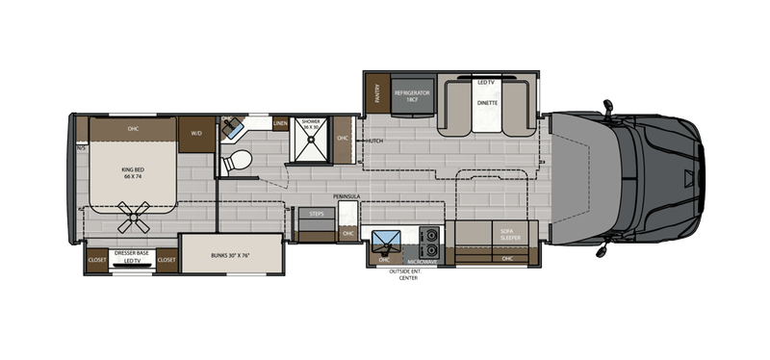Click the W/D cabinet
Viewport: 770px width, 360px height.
pos(196,133)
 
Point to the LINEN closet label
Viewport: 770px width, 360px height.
pos(280,124)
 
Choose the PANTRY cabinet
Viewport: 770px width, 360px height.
pos(378,93)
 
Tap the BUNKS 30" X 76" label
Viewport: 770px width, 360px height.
pos(231,256)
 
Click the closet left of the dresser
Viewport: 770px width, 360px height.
pos(97,259)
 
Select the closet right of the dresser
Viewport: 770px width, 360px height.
pos(166,259)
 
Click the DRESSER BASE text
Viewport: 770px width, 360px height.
pos(131,252)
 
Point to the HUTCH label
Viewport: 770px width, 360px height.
pos(375,141)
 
